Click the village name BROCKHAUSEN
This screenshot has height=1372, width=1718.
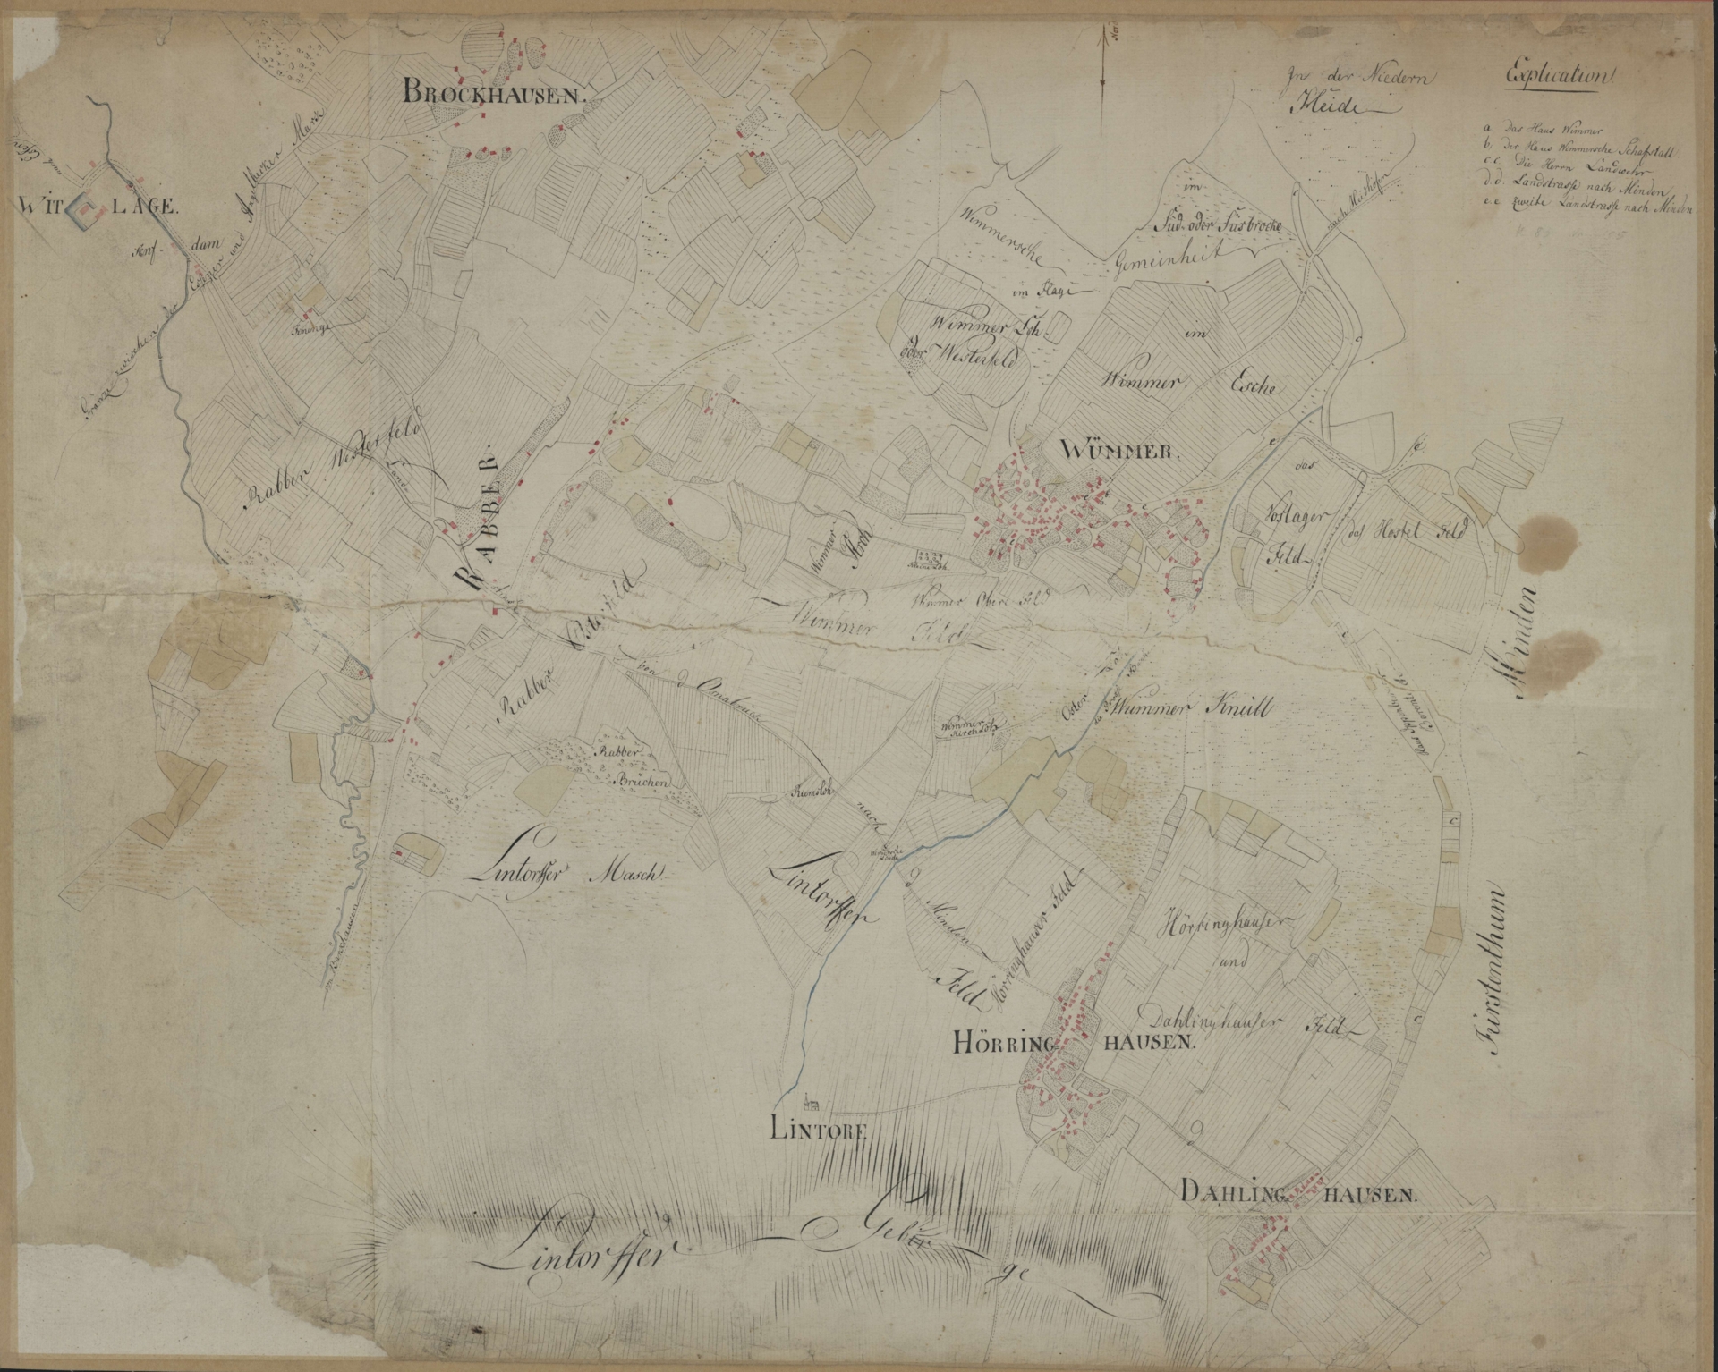point(493,91)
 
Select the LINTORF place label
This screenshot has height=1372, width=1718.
point(820,1130)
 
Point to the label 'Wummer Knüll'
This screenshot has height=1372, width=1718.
point(1194,706)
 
